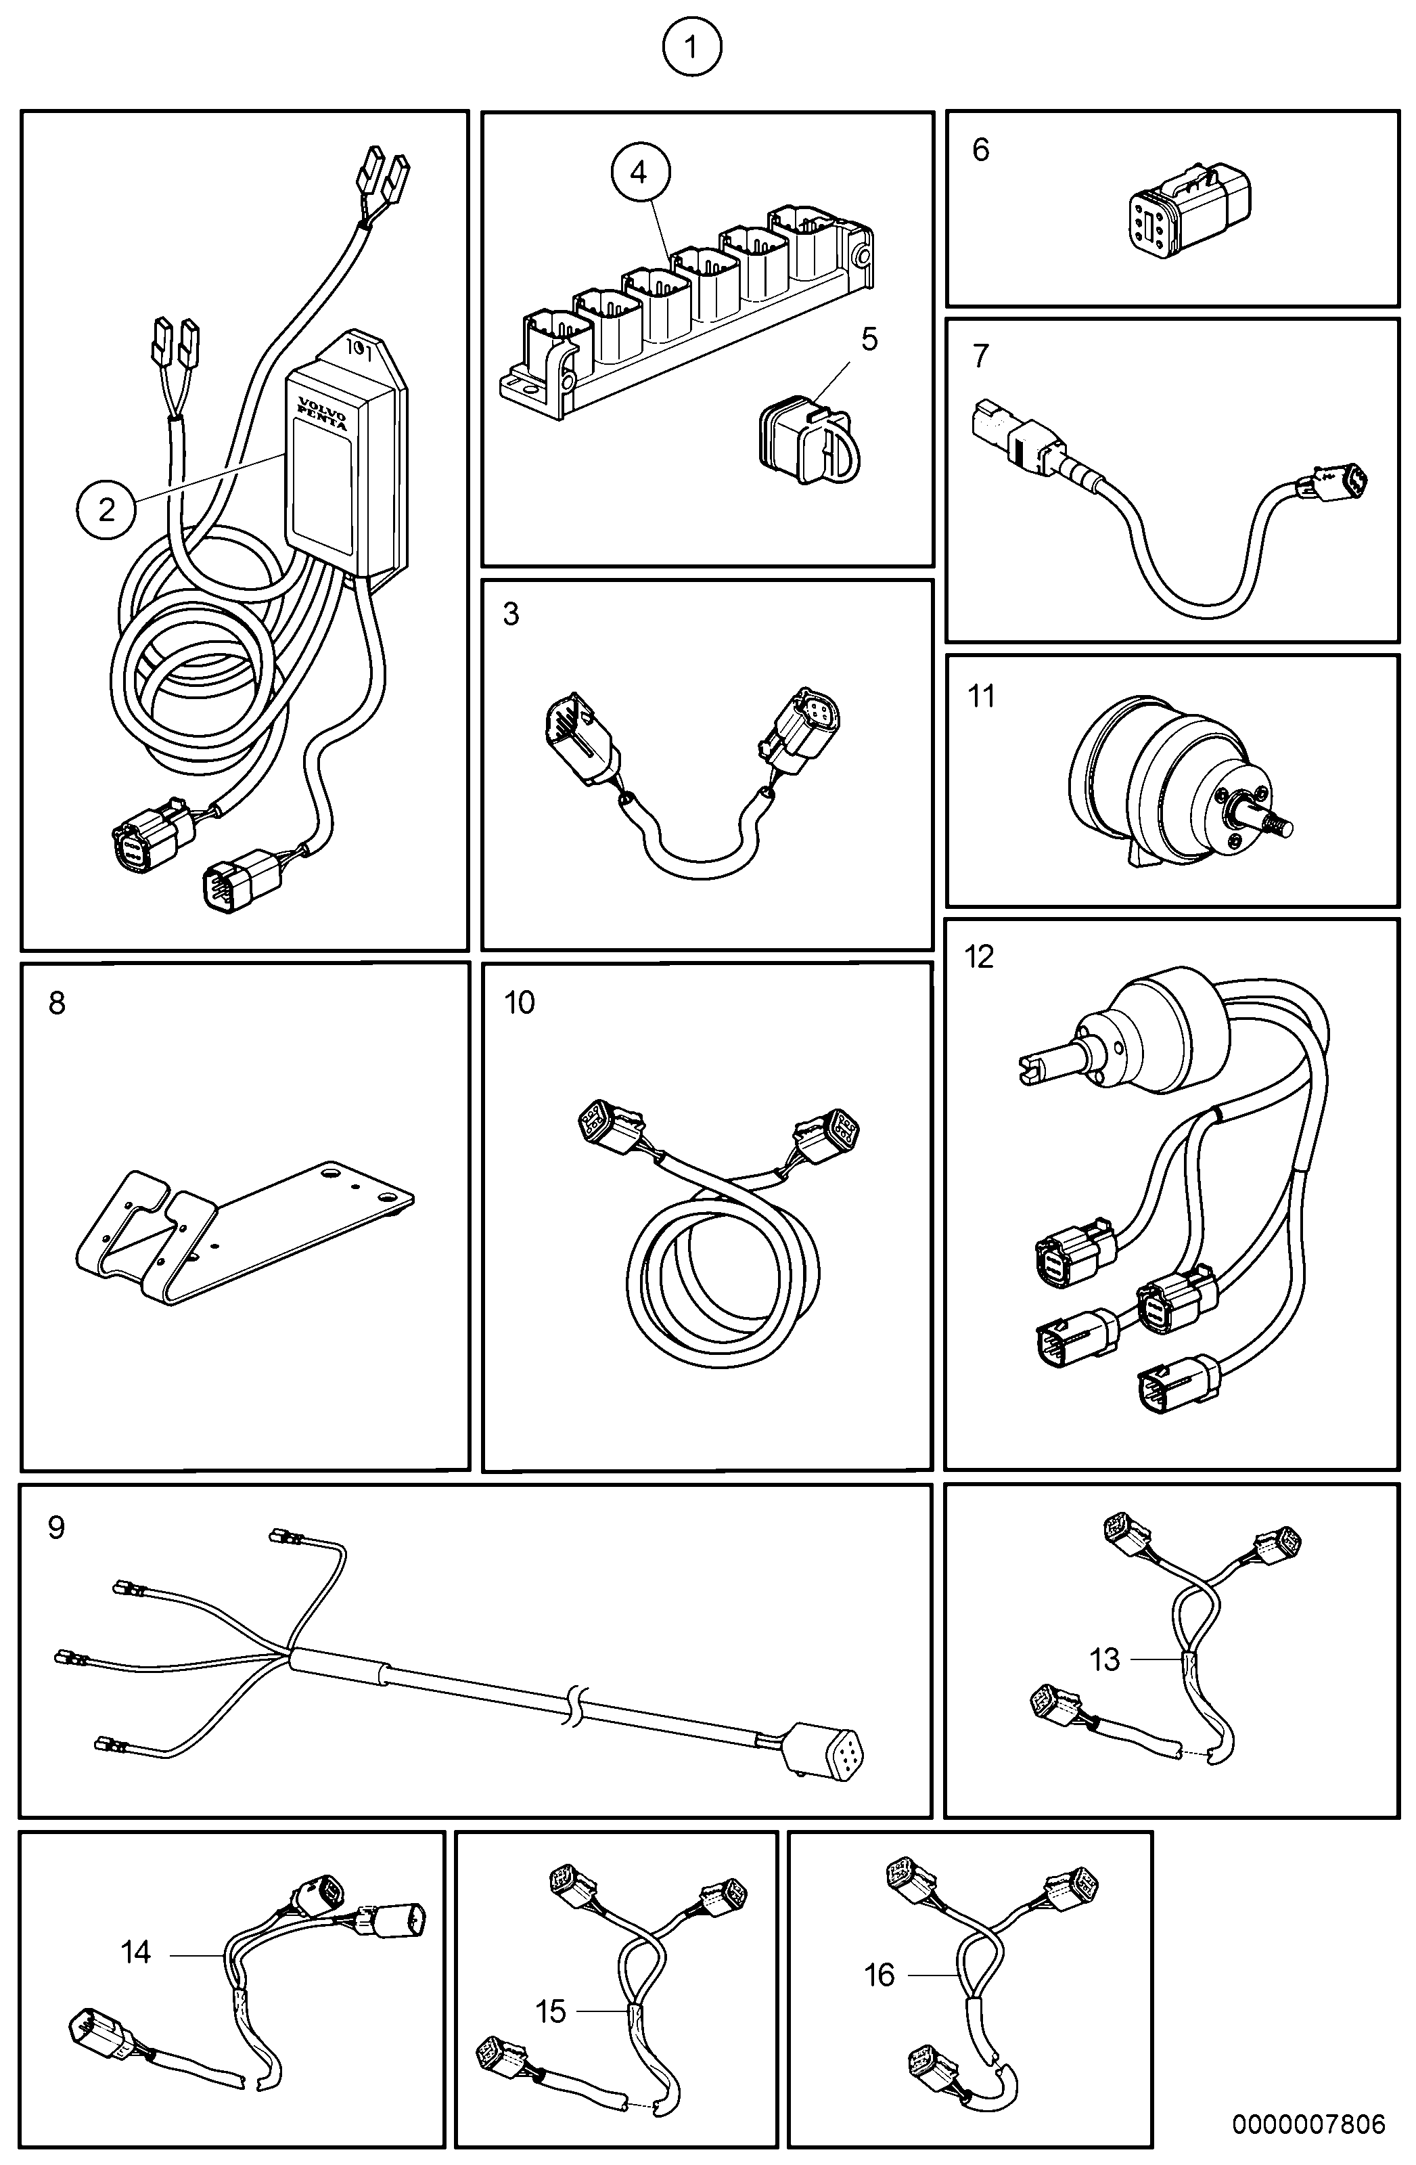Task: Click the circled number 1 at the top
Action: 691,47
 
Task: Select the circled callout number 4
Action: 639,172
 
